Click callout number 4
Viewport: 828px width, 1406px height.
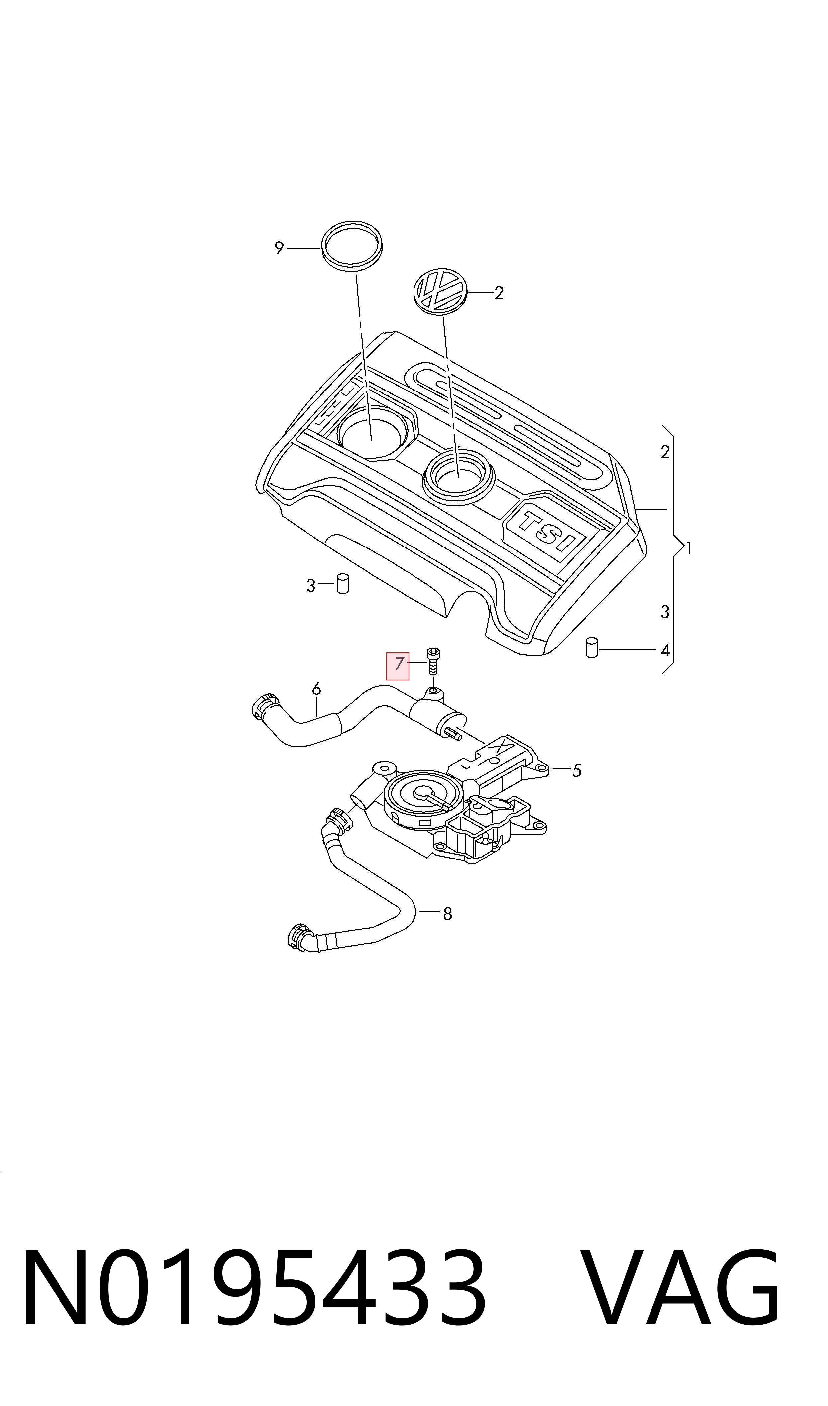[x=664, y=650]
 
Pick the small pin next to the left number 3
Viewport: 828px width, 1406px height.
[x=343, y=583]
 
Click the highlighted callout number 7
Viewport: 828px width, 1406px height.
[x=398, y=664]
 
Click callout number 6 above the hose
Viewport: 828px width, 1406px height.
[x=316, y=689]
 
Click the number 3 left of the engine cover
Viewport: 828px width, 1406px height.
[x=311, y=585]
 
